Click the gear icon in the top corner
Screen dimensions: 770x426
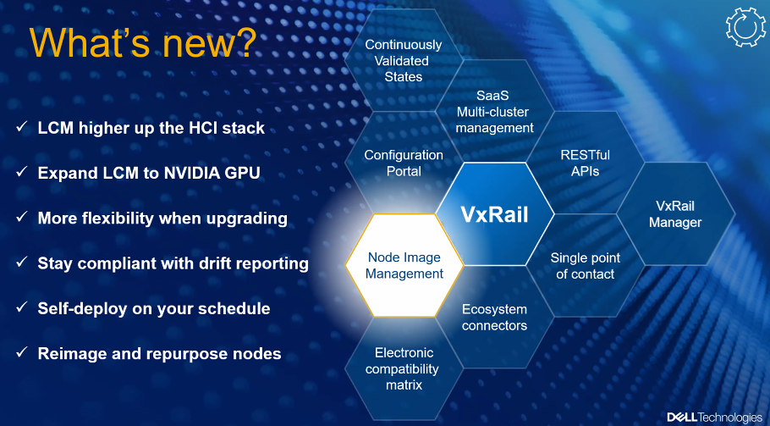(x=745, y=27)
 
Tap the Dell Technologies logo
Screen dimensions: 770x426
(x=714, y=418)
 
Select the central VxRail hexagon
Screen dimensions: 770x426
(x=494, y=214)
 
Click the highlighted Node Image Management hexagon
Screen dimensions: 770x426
(x=404, y=265)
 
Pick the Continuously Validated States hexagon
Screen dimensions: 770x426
(x=403, y=60)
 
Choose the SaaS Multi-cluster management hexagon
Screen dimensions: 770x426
(x=494, y=112)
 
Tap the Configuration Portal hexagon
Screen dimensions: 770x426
(x=403, y=163)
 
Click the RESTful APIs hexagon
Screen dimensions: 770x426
(x=585, y=163)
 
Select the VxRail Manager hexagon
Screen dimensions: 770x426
(x=675, y=214)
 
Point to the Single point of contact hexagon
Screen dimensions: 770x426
(x=585, y=266)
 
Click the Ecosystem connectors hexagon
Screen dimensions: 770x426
(x=494, y=317)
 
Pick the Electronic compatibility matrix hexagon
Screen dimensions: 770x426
(x=404, y=368)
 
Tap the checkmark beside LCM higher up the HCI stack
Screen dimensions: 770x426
(x=22, y=127)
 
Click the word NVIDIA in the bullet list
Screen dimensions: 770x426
(x=191, y=173)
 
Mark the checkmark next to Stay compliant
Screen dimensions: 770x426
(x=22, y=262)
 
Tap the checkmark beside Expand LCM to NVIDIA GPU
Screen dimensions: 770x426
(x=22, y=171)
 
